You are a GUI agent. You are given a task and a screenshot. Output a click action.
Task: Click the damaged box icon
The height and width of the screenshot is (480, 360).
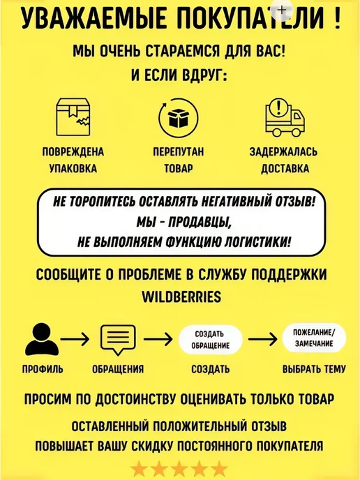[73, 117]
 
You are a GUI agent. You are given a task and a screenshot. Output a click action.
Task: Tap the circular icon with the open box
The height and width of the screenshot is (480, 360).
[179, 117]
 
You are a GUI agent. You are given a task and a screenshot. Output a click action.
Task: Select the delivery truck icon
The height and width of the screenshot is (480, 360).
[285, 117]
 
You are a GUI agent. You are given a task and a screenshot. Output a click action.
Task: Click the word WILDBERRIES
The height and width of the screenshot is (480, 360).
[181, 297]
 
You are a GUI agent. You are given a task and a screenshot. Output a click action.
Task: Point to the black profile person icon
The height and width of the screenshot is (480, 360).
[42, 340]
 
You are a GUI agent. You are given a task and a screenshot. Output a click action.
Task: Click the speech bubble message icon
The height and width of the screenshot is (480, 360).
[118, 340]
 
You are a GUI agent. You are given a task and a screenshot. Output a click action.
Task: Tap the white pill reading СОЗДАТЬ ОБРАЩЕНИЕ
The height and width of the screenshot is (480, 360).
[210, 340]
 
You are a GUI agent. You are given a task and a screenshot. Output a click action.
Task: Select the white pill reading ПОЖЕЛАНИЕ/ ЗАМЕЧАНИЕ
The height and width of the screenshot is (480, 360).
[314, 338]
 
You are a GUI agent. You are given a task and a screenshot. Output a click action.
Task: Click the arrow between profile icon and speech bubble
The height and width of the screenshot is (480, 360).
[75, 339]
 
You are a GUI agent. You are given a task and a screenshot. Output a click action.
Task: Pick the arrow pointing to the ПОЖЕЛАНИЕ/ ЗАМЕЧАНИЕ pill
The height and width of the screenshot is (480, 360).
[262, 339]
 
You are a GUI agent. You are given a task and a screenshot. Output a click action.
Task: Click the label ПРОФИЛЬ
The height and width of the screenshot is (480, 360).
[43, 369]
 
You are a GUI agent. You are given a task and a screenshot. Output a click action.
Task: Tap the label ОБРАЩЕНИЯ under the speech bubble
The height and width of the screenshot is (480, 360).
[118, 369]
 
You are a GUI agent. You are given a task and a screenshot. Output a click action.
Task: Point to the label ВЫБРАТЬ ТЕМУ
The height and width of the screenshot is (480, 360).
[314, 369]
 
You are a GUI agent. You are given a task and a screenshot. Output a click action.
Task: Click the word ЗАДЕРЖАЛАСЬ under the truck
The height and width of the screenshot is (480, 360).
[283, 152]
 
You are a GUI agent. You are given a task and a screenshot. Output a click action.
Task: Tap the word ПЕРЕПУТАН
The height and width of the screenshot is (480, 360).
[179, 152]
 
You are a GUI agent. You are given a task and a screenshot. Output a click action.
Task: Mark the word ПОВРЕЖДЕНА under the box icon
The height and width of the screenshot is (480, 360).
[73, 152]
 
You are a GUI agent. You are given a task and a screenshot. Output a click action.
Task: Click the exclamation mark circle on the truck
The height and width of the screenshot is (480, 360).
[278, 107]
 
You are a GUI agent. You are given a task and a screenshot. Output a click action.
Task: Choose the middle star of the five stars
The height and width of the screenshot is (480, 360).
[179, 470]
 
